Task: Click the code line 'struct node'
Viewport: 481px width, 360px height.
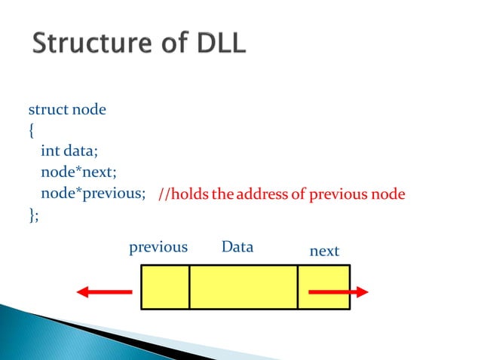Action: pos(67,110)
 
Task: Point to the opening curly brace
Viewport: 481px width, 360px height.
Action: pos(31,131)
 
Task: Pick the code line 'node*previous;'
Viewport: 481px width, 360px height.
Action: pos(93,194)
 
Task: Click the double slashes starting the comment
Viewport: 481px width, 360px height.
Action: pos(166,195)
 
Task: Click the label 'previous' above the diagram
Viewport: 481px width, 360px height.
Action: pos(158,247)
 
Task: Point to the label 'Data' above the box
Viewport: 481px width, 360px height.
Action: pos(237,247)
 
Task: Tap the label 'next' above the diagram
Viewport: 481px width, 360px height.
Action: pos(325,251)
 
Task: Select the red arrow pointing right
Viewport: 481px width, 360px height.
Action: pos(338,291)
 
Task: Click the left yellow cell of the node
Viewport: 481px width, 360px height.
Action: pos(165,286)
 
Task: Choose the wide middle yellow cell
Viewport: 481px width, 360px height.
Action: pos(244,286)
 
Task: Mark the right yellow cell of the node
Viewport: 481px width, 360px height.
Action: pos(323,280)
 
